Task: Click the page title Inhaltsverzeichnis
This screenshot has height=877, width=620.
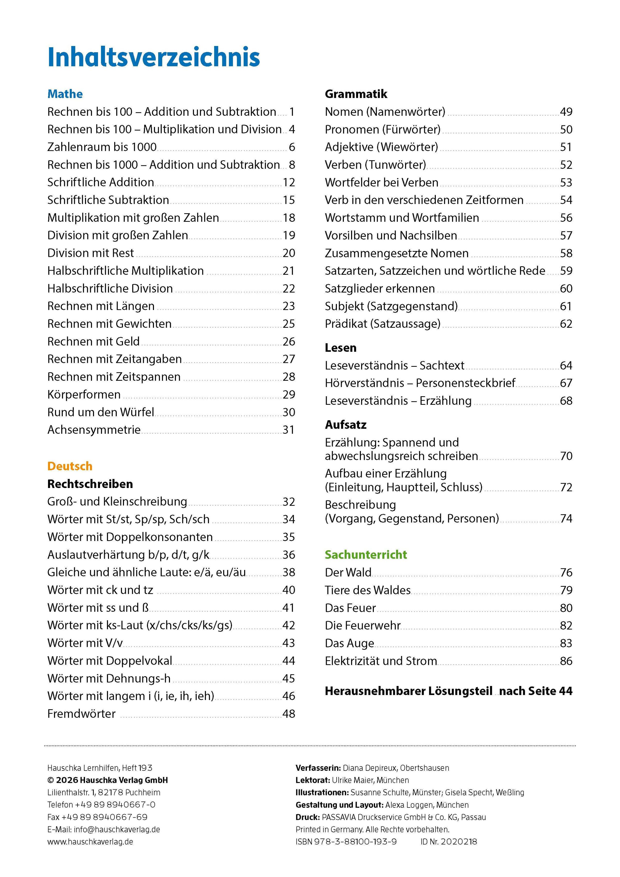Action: click(153, 57)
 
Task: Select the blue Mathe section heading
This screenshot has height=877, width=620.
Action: click(65, 94)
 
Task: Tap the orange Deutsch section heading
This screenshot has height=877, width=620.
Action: click(70, 466)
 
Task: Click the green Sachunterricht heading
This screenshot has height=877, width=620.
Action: click(366, 555)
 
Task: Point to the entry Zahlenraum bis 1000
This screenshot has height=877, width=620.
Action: click(102, 147)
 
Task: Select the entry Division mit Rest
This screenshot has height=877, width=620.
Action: click(90, 253)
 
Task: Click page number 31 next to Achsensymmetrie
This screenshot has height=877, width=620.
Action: click(289, 430)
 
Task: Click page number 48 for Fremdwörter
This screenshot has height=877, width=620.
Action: click(289, 714)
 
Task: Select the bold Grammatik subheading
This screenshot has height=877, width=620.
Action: click(356, 94)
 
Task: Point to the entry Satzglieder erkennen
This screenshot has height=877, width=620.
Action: click(380, 288)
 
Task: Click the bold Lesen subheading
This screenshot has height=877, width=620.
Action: click(340, 348)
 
